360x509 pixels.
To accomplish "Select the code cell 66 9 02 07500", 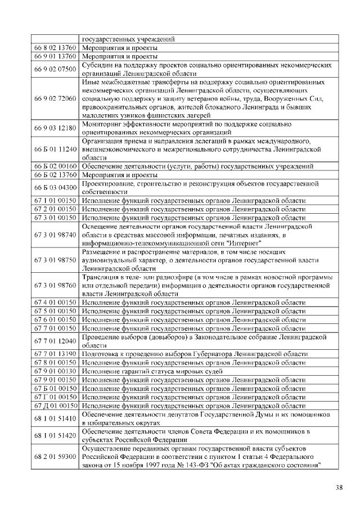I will pos(55,69).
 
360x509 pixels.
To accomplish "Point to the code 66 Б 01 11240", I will pos(55,150).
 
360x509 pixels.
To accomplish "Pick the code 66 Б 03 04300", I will pos(55,187).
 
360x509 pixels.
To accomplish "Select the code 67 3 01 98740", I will pos(55,234).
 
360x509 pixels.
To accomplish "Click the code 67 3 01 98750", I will pos(55,260).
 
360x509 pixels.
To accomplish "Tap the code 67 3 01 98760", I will pos(55,286).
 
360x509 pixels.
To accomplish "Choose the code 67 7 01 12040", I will pos(55,341).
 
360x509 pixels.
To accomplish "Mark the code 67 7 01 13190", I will pos(55,354).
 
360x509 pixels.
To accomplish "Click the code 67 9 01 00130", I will pos(55,371).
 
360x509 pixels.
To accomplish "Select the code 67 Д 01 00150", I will pos(55,406).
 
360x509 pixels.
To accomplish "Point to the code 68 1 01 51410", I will pos(55,418).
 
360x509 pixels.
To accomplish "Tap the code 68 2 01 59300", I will pos(55,457).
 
